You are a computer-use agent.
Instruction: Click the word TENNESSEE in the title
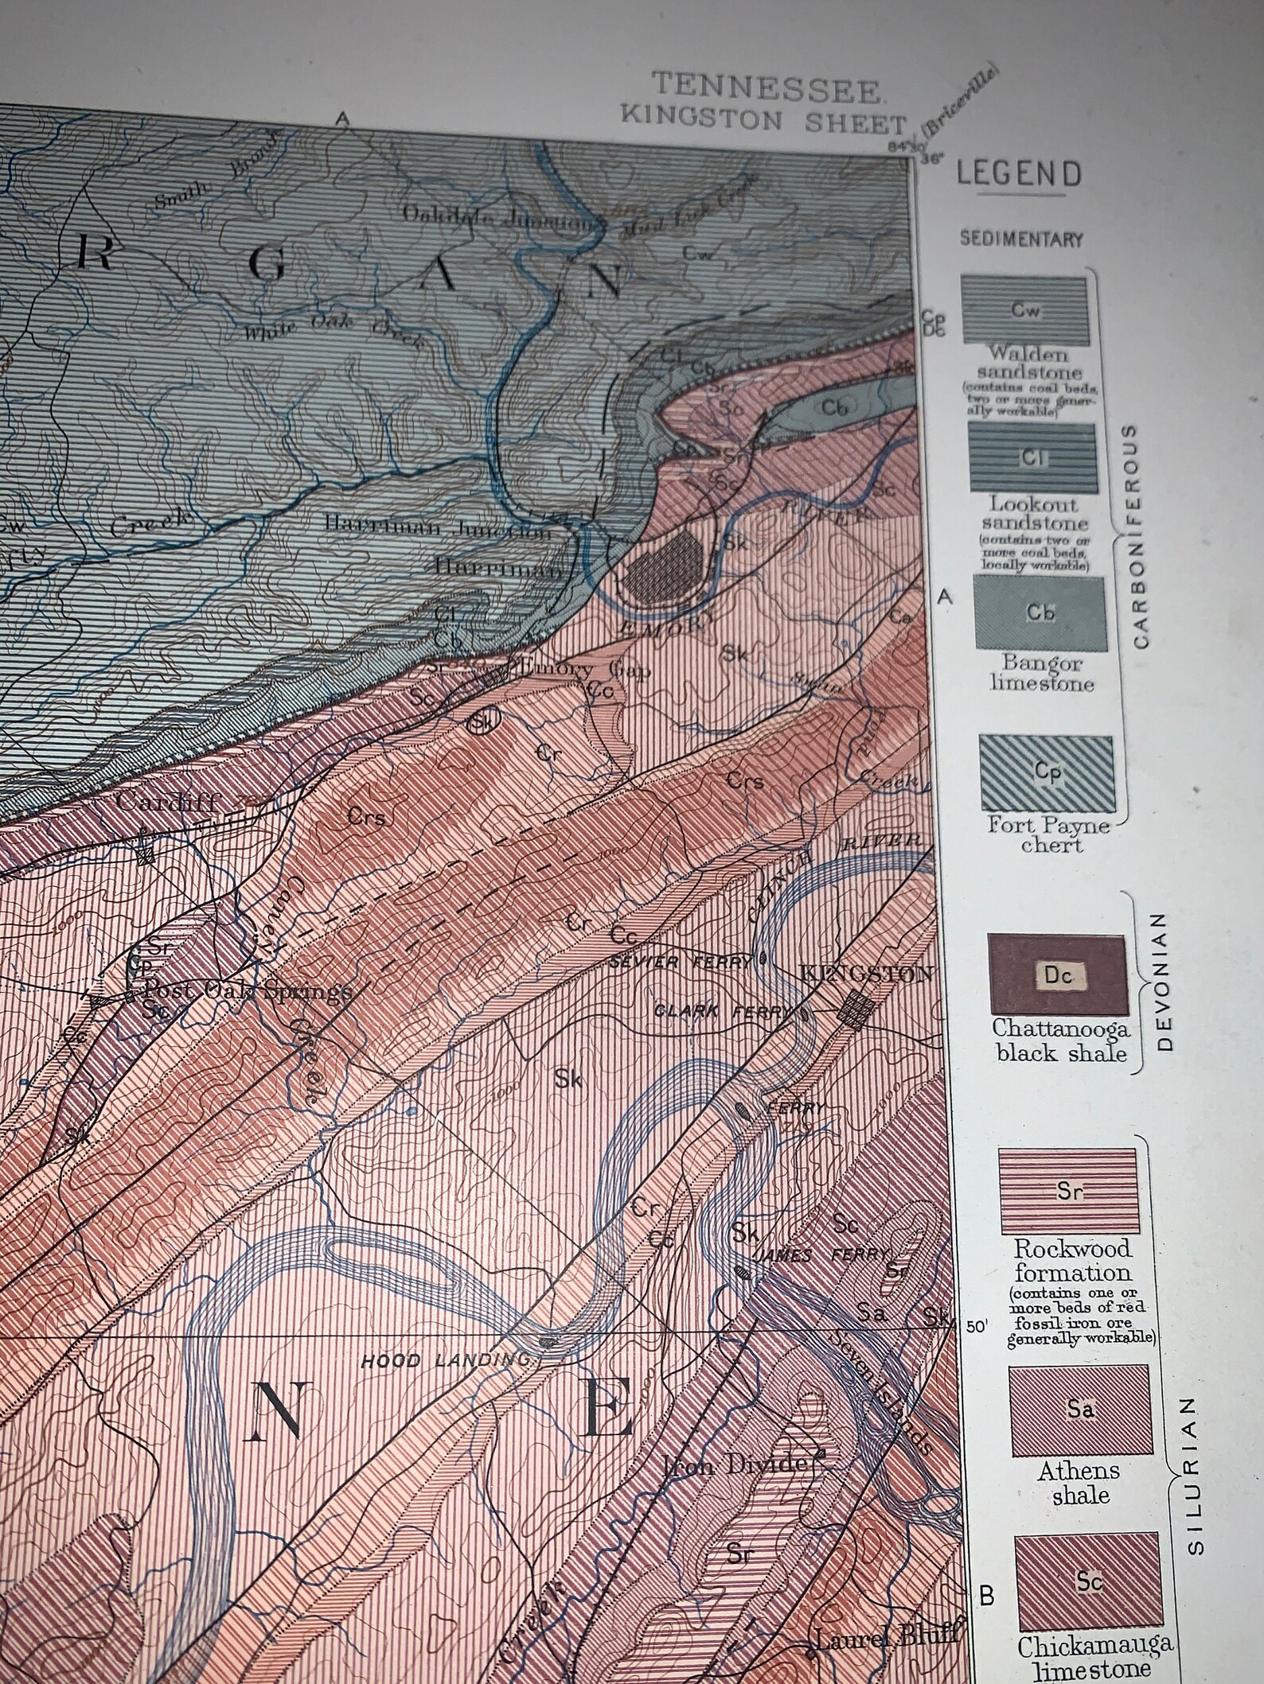click(767, 88)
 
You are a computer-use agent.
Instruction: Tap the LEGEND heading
click(1020, 173)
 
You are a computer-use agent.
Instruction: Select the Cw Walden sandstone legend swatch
click(1024, 310)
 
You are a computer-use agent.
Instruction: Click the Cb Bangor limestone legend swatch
click(1040, 612)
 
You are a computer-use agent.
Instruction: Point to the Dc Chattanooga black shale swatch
click(1058, 974)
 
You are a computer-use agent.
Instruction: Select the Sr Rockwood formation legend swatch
click(1067, 1190)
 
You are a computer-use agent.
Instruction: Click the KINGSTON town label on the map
click(866, 973)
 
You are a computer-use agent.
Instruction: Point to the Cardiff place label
click(167, 800)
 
